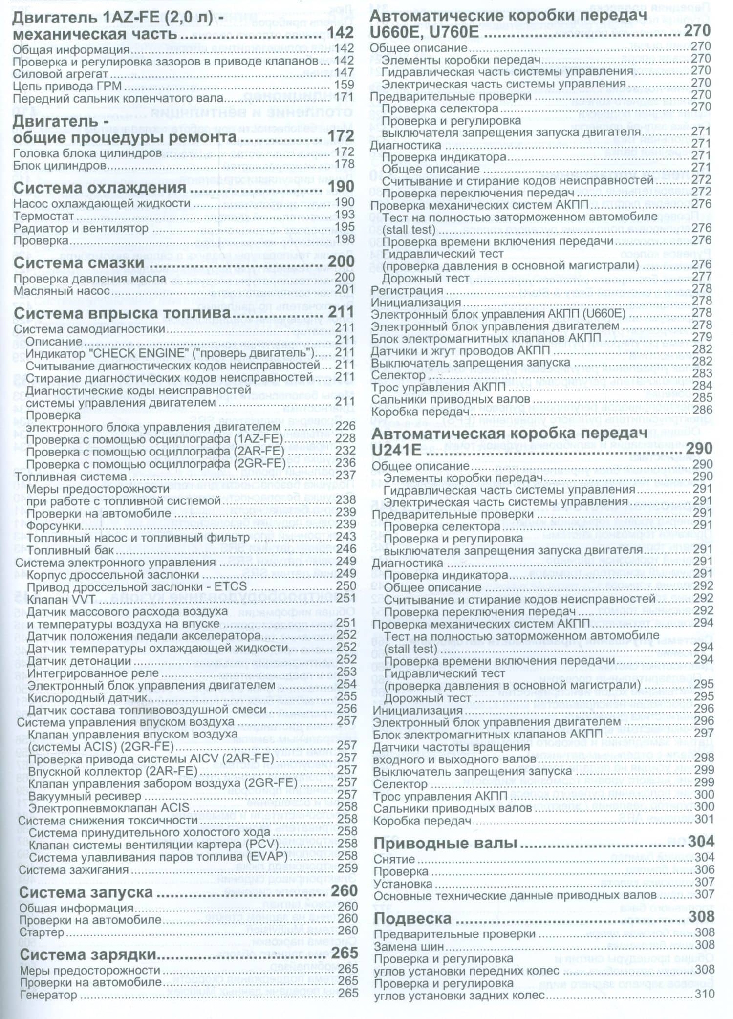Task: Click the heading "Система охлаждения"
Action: [100, 188]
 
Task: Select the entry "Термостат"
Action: [43, 216]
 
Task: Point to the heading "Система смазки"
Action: [79, 263]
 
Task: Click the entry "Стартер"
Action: [42, 932]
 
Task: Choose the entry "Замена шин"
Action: [409, 947]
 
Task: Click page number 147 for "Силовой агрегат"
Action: [345, 73]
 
